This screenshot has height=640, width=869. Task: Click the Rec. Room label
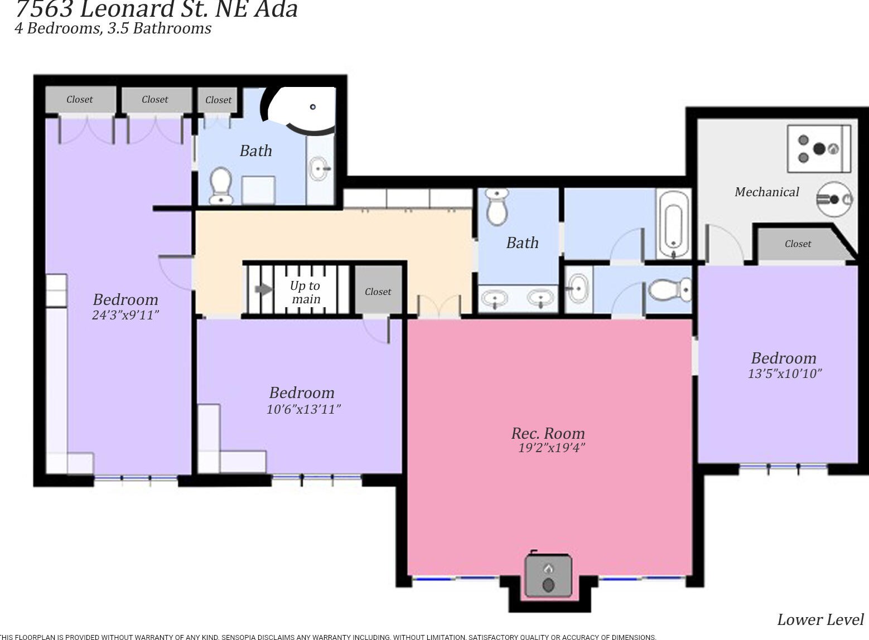pos(548,433)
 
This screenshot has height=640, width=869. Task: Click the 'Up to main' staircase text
pos(305,292)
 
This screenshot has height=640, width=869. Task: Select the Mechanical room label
pos(766,192)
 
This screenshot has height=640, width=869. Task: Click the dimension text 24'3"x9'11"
pos(125,315)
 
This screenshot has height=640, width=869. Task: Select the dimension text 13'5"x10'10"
pos(784,374)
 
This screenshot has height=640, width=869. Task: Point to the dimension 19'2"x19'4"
pos(551,448)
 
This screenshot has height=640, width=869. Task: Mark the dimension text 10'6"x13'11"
pos(303,409)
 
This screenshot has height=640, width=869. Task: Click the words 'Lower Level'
pos(820,619)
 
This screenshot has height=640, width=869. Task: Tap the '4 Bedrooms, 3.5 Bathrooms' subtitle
pos(113,28)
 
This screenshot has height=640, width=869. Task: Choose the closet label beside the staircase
pos(378,292)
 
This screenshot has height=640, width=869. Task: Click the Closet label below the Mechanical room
pos(798,244)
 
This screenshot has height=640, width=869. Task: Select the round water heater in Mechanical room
pos(834,199)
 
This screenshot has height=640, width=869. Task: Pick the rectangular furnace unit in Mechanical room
pos(818,148)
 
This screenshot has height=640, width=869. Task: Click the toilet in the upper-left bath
pos(221,185)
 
